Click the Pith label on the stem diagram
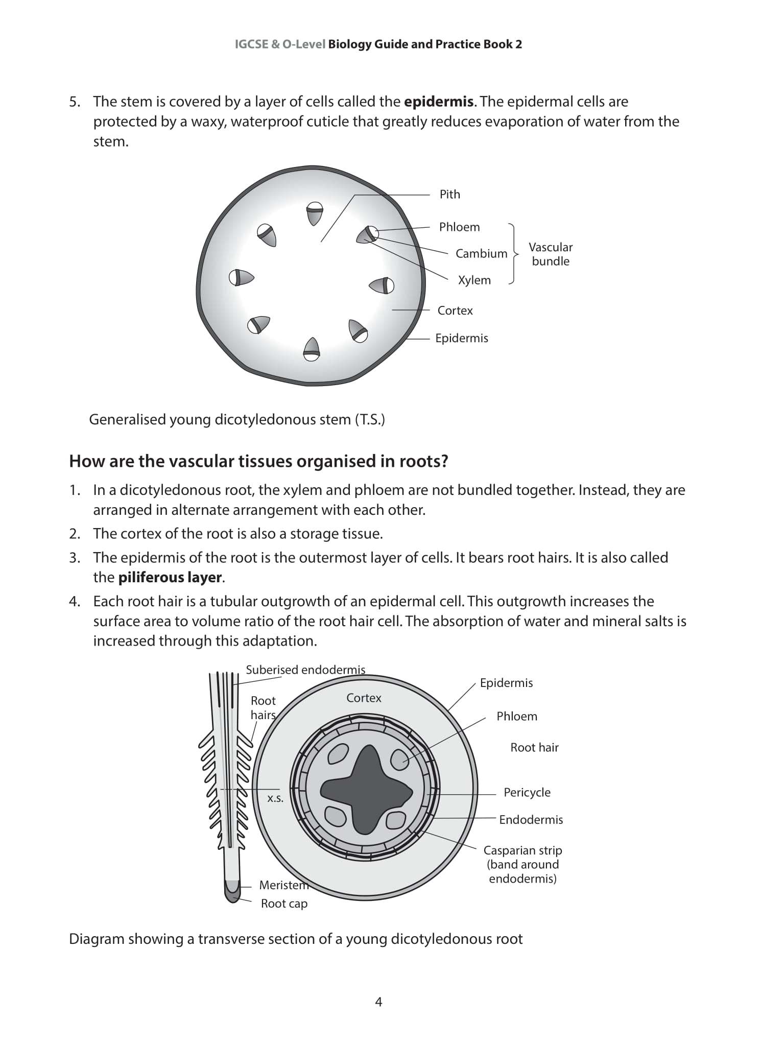point(449,194)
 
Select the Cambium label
point(481,253)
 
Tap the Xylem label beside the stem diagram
point(474,280)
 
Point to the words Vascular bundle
point(550,254)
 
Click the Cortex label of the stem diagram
point(455,310)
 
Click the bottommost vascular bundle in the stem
point(312,349)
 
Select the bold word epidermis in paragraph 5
point(438,102)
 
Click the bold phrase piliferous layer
point(170,577)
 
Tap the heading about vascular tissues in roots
point(258,461)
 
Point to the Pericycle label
point(527,792)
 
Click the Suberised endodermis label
point(305,670)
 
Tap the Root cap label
point(284,904)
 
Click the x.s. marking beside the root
point(275,798)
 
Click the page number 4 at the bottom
point(378,1002)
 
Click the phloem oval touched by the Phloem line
point(399,759)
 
